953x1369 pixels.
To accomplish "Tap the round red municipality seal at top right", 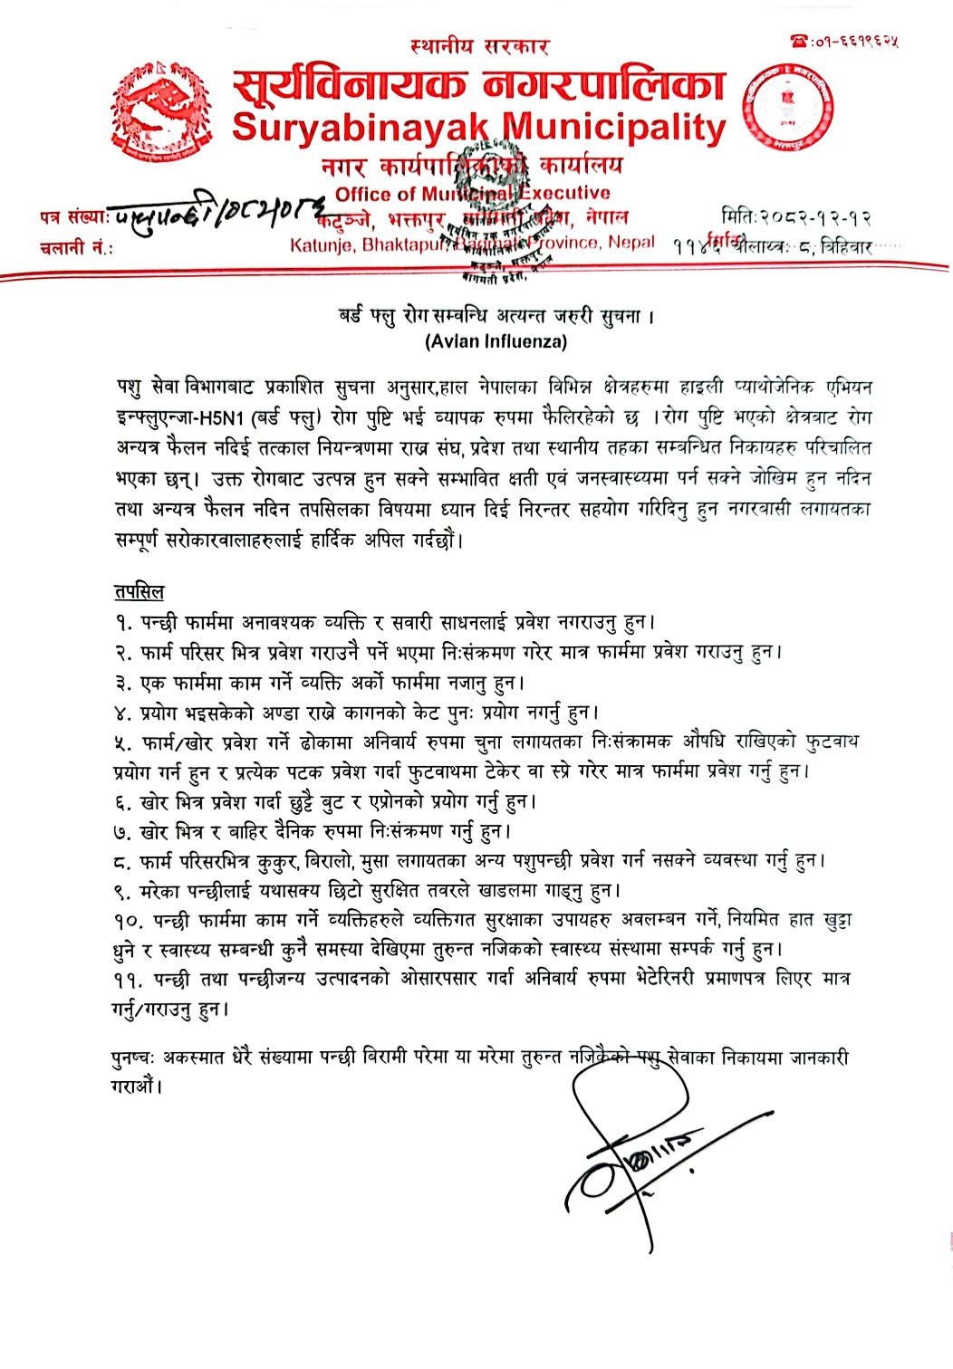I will tap(788, 107).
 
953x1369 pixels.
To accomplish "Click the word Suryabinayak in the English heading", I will tap(360, 128).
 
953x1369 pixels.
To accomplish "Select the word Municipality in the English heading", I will tap(614, 128).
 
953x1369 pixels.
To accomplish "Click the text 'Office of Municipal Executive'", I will tap(472, 193).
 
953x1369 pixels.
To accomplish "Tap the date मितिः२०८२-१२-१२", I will tap(797, 217).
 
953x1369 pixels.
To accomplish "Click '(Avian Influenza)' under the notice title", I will tap(496, 341).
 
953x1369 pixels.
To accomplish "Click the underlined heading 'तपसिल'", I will tap(139, 592).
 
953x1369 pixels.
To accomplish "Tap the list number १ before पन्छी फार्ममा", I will tap(123, 623).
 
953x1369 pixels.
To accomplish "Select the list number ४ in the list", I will tap(123, 713).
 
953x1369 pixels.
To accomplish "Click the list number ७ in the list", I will tap(123, 831).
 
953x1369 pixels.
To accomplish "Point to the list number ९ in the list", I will tap(123, 891).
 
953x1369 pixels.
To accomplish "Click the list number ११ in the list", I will tap(130, 980).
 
